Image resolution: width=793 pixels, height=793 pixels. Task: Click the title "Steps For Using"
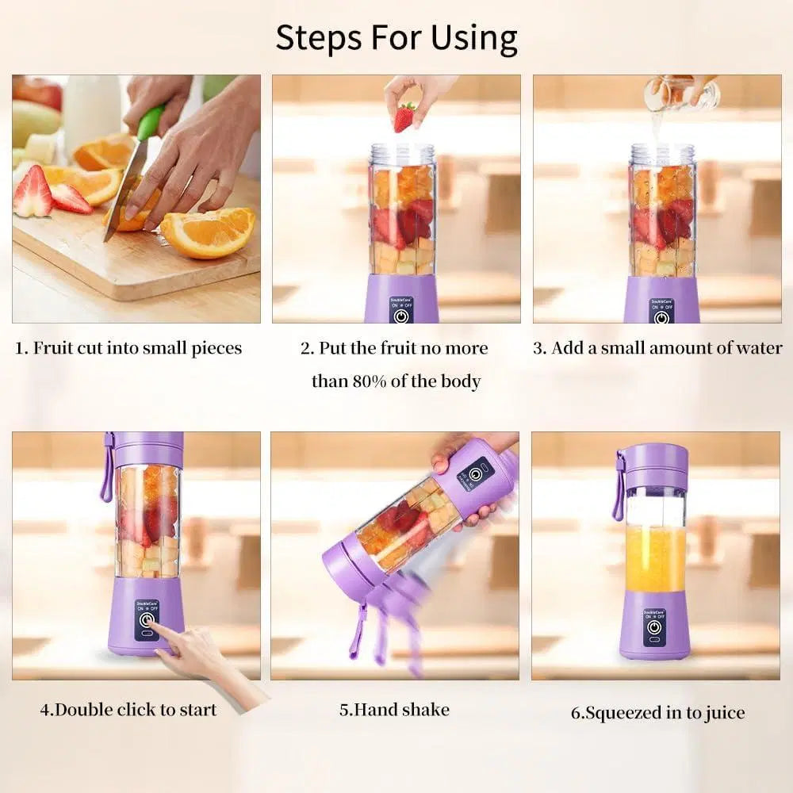396,37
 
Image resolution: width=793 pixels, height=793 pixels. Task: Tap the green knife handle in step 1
150,122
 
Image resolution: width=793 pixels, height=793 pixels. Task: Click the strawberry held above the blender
404,117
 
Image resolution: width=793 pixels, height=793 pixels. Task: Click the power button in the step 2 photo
402,316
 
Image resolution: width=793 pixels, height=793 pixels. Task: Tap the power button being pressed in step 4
147,620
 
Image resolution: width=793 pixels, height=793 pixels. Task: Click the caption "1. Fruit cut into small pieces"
128,348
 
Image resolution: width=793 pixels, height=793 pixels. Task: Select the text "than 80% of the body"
396,381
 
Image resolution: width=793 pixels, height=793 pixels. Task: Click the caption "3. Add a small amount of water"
657,348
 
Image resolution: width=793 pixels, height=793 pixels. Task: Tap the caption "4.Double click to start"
128,709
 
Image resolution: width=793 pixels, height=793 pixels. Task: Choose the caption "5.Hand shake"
394,709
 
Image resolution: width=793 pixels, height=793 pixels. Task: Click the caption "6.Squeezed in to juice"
657,713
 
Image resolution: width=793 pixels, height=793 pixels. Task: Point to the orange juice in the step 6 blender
655,559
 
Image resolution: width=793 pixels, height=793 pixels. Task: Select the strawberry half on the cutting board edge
33,193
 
